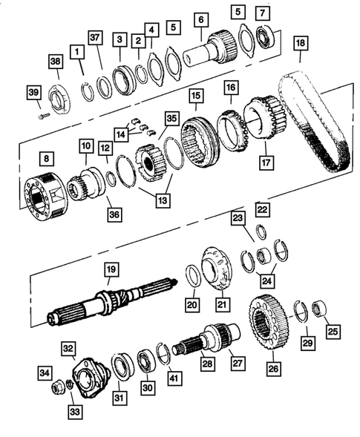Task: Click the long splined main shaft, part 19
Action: pos(111,305)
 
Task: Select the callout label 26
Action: pos(275,367)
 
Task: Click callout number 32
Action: pos(68,348)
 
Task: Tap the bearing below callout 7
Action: pos(265,35)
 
